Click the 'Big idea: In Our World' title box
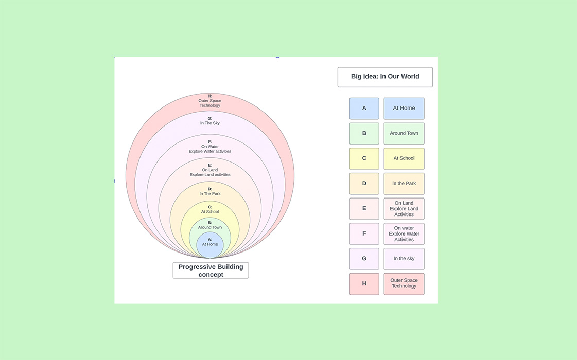(x=385, y=77)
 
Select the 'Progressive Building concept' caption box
(x=211, y=271)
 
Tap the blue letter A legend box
(x=364, y=109)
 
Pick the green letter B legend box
(x=364, y=133)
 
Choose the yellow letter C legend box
(x=364, y=158)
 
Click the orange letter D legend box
(x=364, y=184)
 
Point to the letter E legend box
(x=364, y=209)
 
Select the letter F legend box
(x=364, y=233)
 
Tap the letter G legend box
(x=364, y=259)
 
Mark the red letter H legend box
(x=364, y=284)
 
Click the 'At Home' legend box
(x=404, y=109)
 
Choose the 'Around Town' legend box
(x=404, y=133)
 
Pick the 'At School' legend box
(x=404, y=158)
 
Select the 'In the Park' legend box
(x=404, y=184)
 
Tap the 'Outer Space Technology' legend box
(x=404, y=284)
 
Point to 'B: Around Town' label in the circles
(x=210, y=225)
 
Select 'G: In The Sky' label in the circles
(x=210, y=121)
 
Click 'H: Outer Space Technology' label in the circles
(x=210, y=101)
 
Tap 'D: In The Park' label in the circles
(x=210, y=191)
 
